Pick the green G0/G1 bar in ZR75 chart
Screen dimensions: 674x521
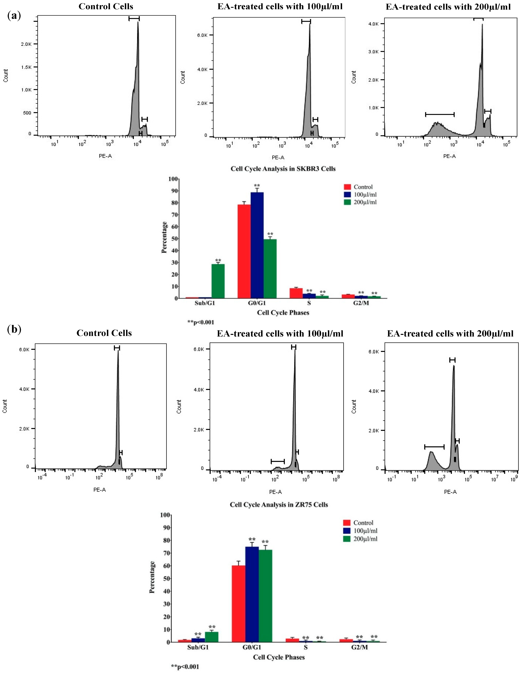[x=265, y=596]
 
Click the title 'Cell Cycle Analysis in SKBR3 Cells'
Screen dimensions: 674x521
[x=283, y=169]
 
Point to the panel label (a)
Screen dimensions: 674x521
[x=14, y=16]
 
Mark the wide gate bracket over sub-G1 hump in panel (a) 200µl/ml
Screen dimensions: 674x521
[x=440, y=115]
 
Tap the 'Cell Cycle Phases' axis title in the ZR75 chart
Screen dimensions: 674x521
[x=279, y=657]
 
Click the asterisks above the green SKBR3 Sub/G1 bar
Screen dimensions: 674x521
[x=218, y=260]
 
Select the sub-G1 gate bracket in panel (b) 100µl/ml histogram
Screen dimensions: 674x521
[x=278, y=461]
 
